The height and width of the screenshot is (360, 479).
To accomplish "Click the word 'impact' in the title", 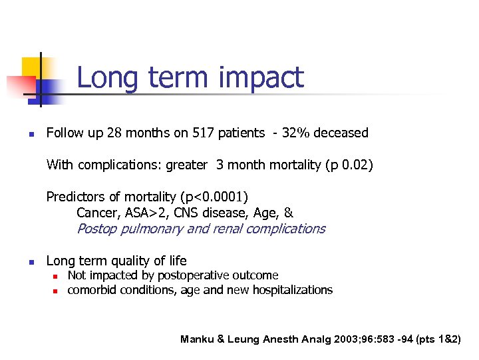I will (x=261, y=78).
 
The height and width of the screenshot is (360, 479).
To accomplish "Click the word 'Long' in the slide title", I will (x=108, y=78).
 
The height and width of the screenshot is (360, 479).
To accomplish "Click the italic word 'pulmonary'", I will (x=150, y=229).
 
